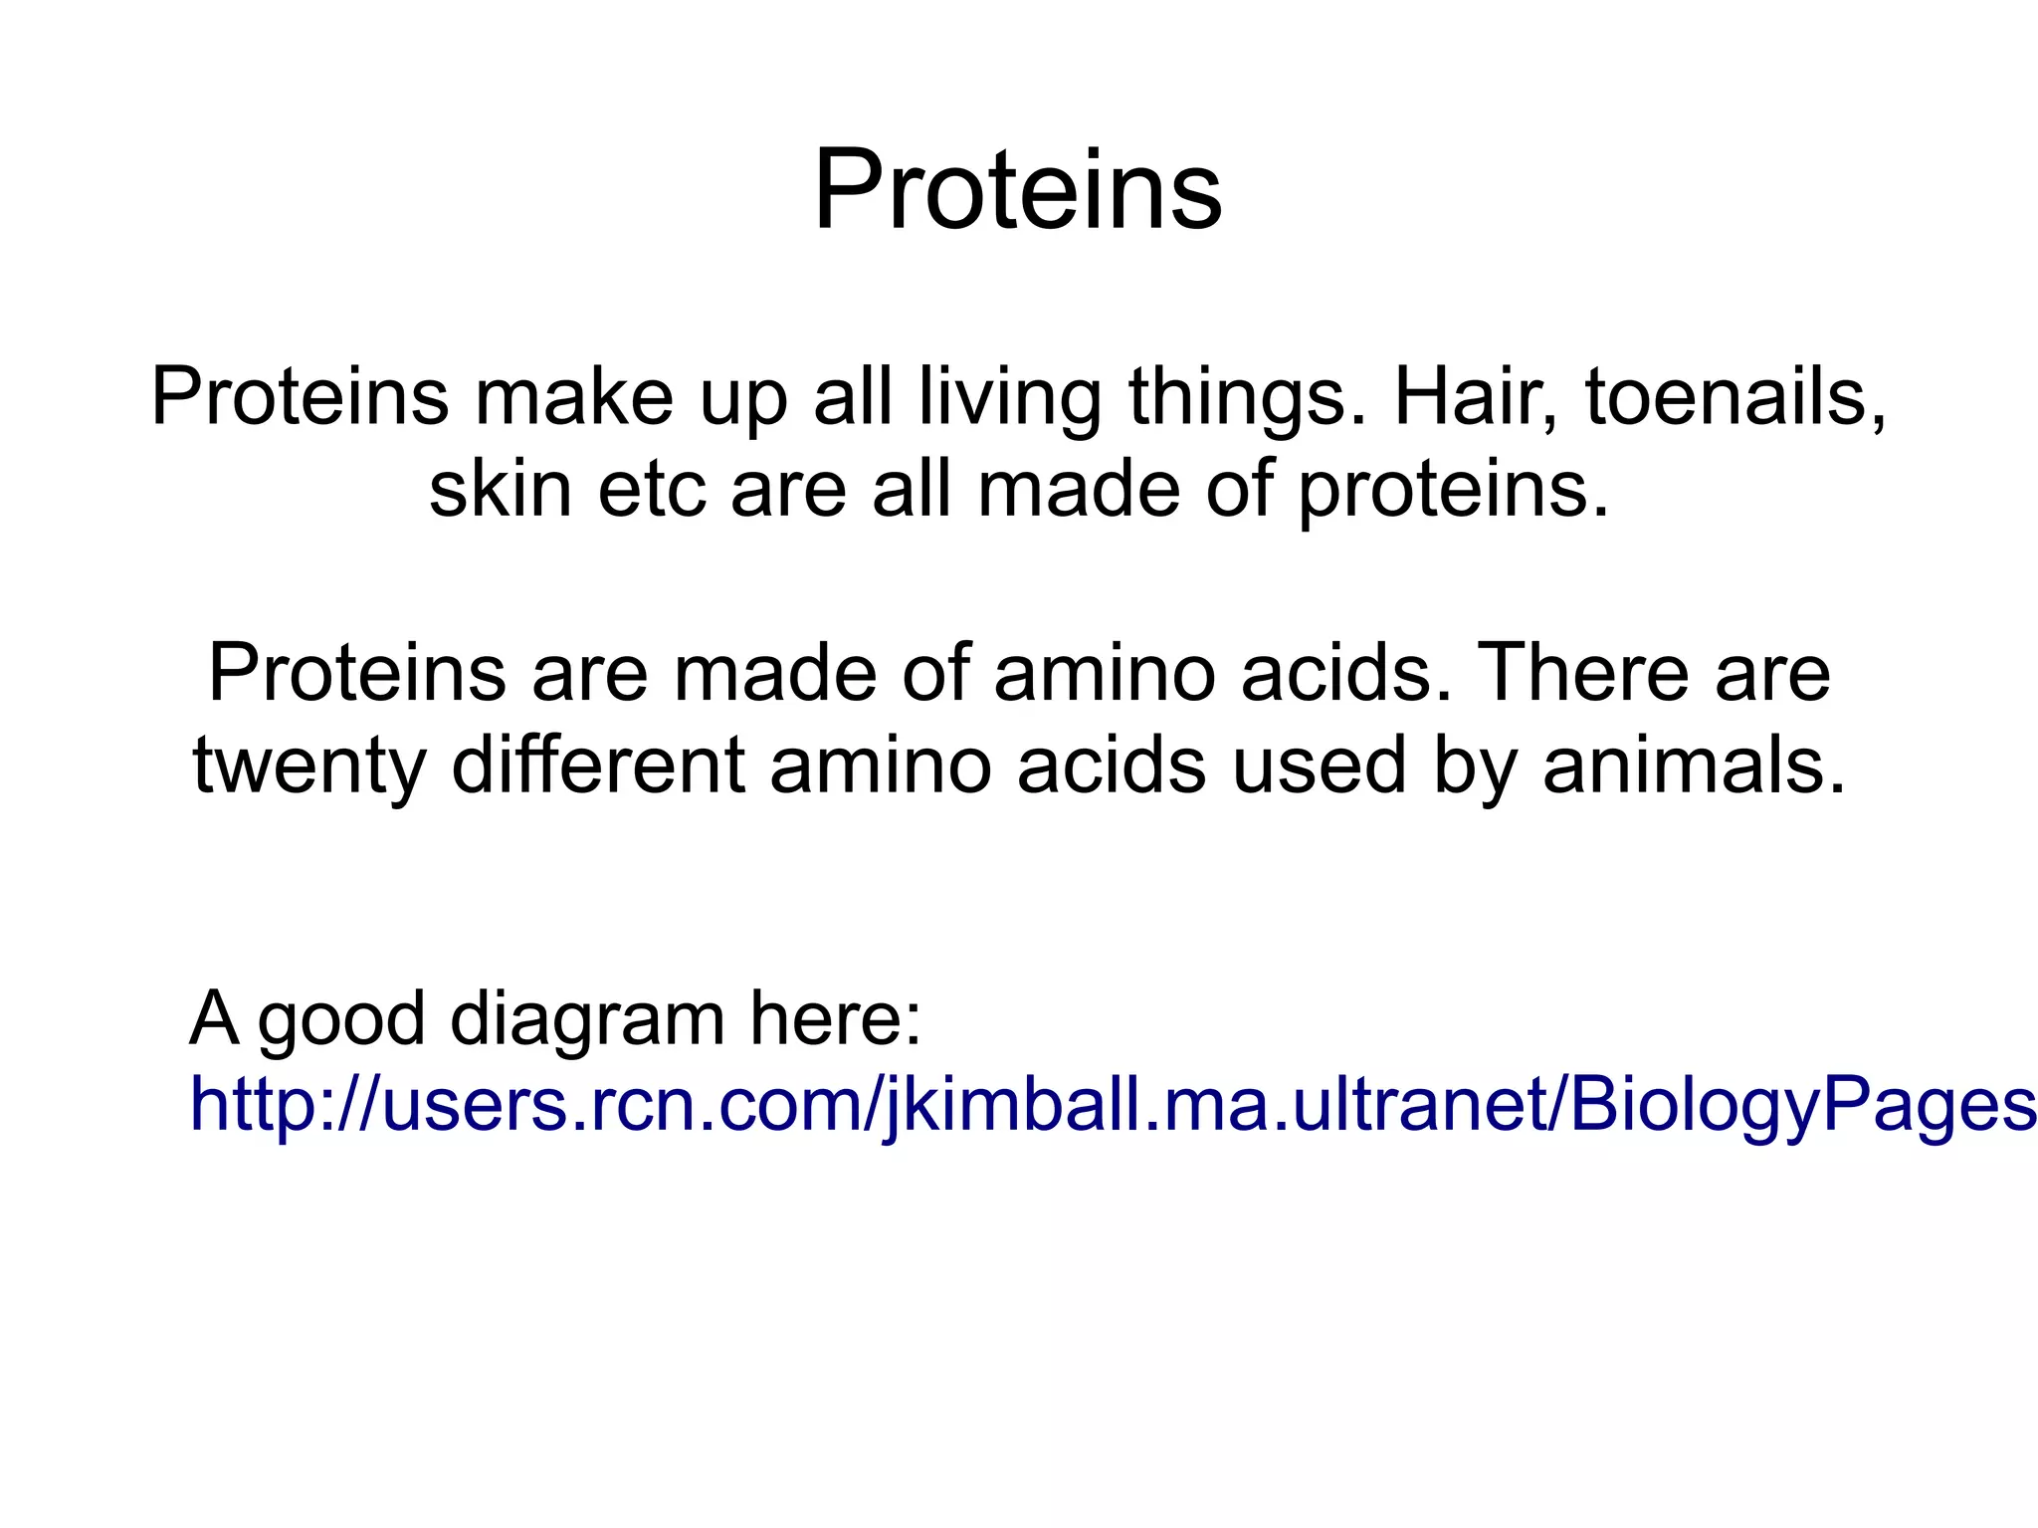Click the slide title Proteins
click(x=1017, y=190)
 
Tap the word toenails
click(x=1734, y=397)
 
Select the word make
click(x=574, y=397)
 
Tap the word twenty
click(x=309, y=766)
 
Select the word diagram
click(x=587, y=1018)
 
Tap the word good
click(x=341, y=1018)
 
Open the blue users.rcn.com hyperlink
click(x=1095, y=1105)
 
